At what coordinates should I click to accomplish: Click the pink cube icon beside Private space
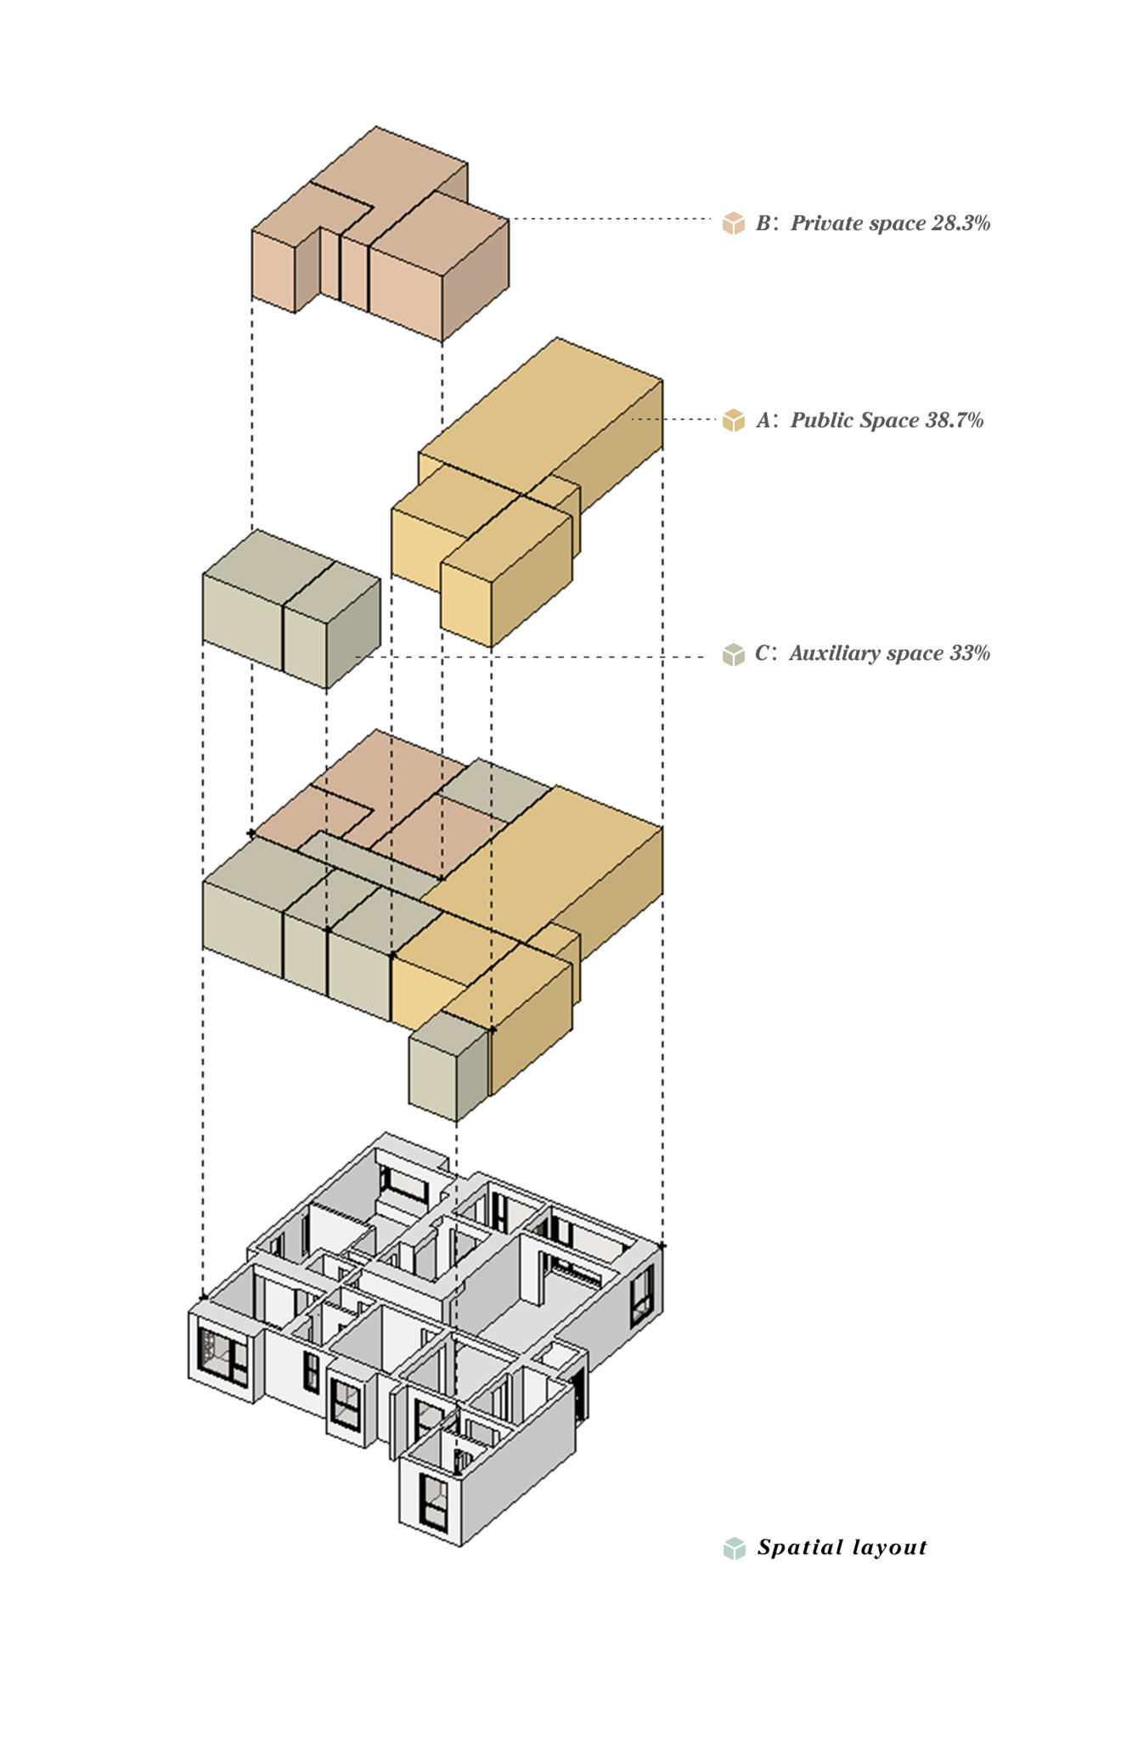pos(733,223)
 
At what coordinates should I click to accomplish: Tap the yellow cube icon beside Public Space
pos(733,421)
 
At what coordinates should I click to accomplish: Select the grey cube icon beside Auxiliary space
pos(733,654)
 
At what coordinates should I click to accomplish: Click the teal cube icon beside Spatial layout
pos(734,1548)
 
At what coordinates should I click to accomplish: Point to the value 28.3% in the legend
pos(960,223)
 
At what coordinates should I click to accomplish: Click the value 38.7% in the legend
pos(954,421)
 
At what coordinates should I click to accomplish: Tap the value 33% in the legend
pos(970,653)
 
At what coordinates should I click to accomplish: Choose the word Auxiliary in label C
pos(835,653)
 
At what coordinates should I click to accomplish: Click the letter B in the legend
pos(763,223)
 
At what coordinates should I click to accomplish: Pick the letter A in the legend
pos(763,421)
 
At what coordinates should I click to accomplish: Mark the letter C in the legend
pos(762,653)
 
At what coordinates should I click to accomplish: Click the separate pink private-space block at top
pos(382,238)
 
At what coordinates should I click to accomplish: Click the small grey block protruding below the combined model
pos(446,1066)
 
